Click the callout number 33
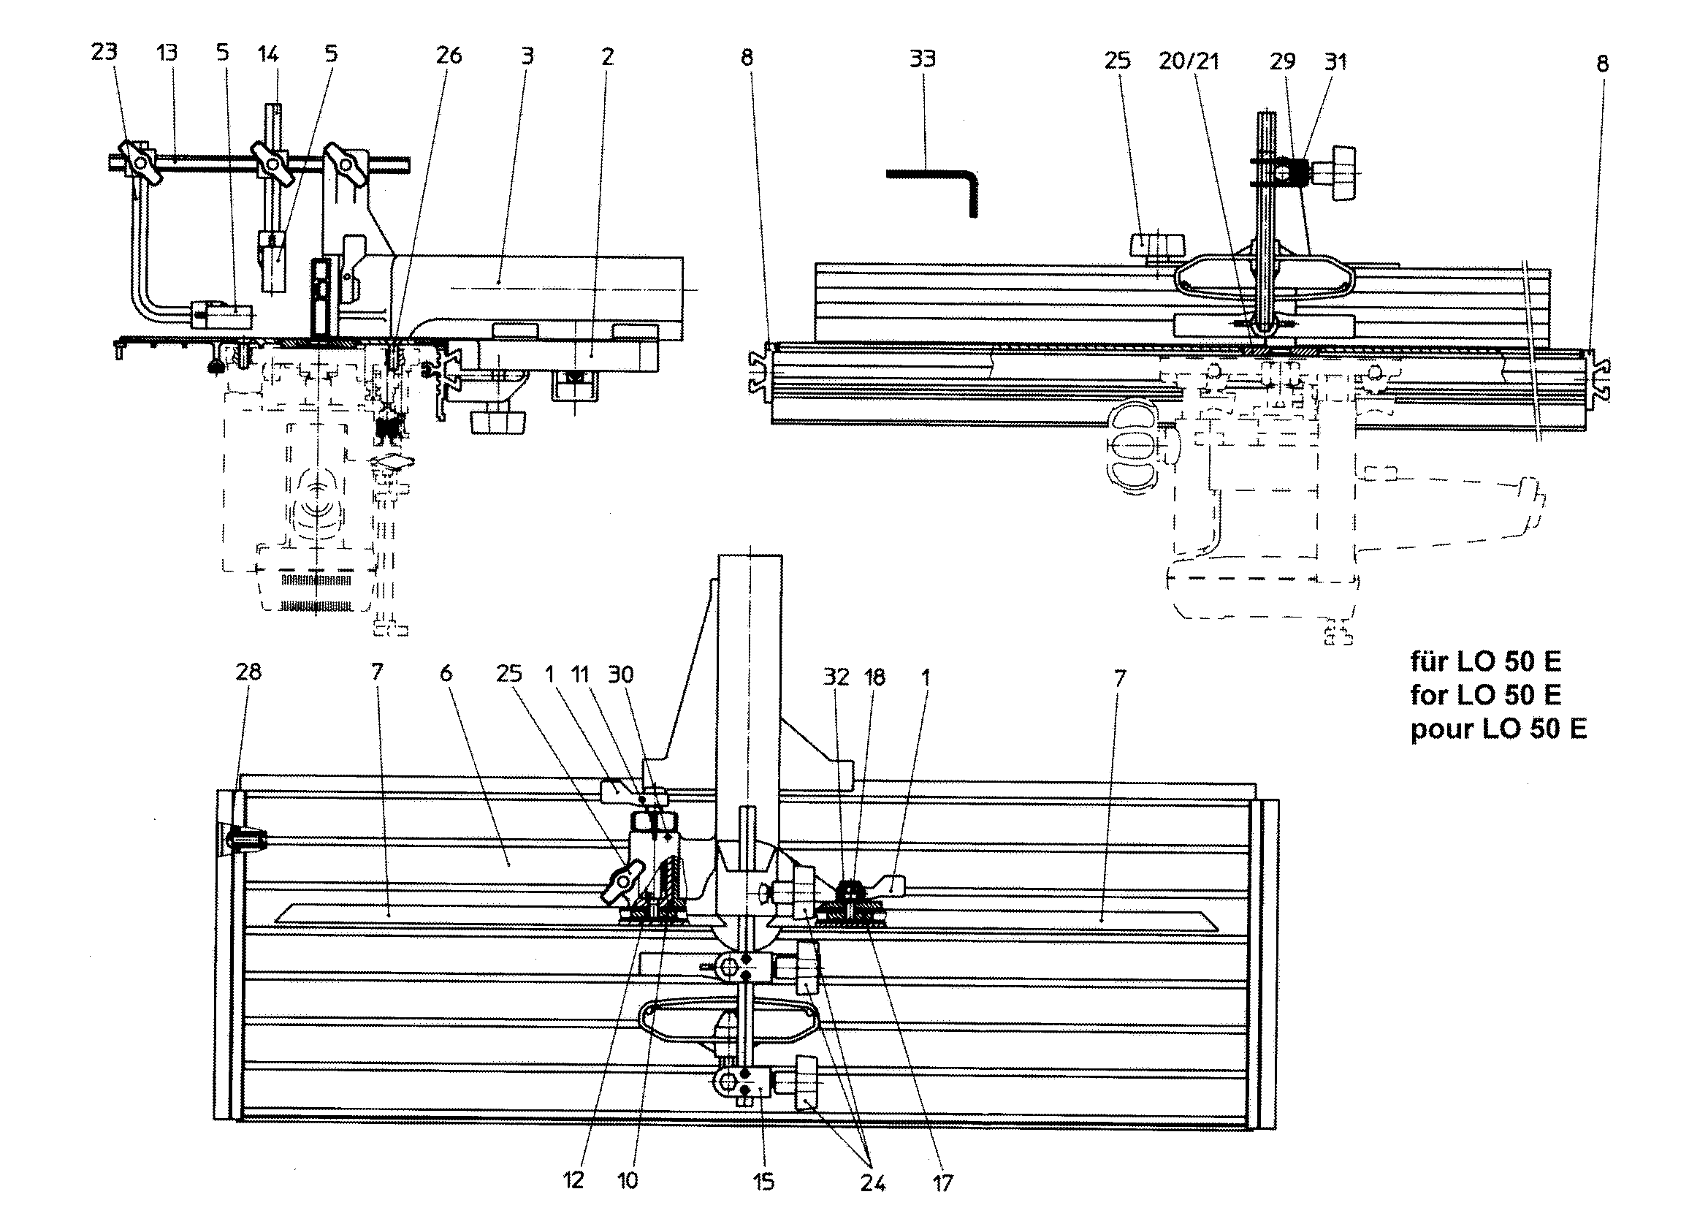(923, 58)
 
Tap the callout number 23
(104, 52)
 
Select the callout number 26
(449, 55)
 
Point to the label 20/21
(1189, 61)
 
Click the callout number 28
(248, 672)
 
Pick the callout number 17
(942, 1182)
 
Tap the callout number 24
(872, 1182)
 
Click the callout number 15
(763, 1181)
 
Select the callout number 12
(573, 1179)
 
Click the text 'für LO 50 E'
(1485, 661)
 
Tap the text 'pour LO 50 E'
(1498, 729)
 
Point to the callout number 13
(167, 53)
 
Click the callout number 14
(268, 53)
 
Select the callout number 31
(1336, 62)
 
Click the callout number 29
(1283, 61)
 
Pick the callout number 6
(446, 674)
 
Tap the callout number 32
(836, 677)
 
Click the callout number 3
(527, 56)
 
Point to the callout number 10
(628, 1180)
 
